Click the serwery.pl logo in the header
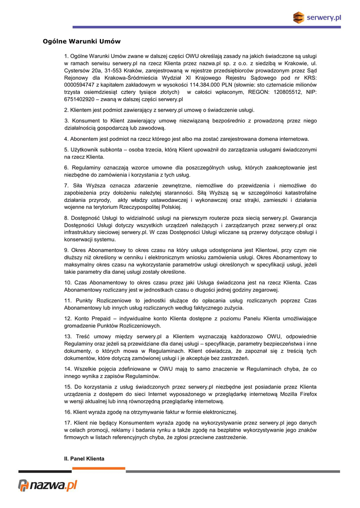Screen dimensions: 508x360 (x=317, y=18)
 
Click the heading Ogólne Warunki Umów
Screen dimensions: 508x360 (x=81, y=41)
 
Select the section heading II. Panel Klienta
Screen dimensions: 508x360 (x=84, y=459)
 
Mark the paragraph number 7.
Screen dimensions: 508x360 (x=67, y=186)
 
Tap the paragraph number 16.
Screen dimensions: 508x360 (x=68, y=412)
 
